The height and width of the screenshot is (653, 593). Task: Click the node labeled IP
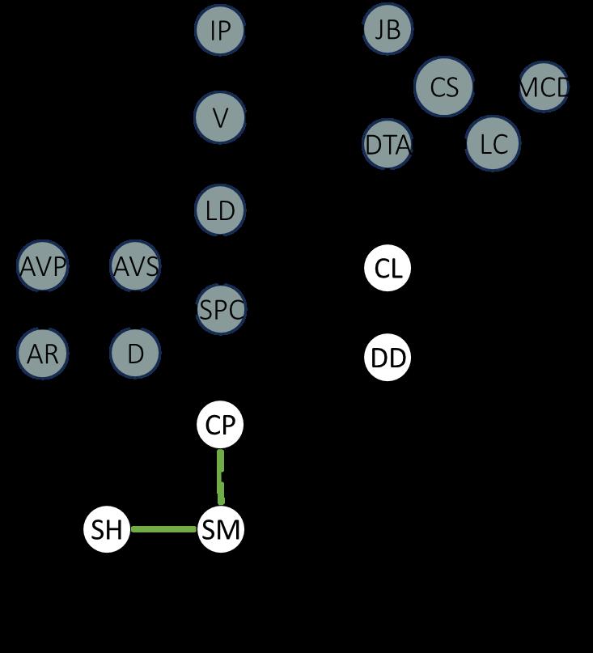click(220, 30)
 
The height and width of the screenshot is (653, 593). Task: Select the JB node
click(388, 29)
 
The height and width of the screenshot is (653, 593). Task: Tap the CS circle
click(444, 87)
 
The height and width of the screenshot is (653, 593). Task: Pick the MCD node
click(544, 87)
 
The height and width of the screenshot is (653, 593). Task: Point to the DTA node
click(388, 145)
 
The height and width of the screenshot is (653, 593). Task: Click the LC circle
click(493, 145)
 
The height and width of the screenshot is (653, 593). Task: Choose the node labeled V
click(220, 118)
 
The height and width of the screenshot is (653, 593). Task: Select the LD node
click(220, 210)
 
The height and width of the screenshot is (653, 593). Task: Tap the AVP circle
click(42, 265)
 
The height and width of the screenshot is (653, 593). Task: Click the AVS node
click(135, 265)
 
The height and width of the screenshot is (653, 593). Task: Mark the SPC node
click(220, 309)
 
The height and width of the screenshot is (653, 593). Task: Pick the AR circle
click(42, 354)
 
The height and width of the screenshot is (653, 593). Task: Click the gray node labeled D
click(135, 354)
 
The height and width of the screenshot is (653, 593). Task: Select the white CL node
click(388, 269)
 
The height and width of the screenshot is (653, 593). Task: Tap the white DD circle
click(388, 358)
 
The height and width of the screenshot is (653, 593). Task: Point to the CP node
click(220, 425)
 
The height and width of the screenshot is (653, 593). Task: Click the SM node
click(220, 530)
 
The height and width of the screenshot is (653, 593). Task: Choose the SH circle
click(107, 530)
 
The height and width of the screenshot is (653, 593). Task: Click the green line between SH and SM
click(163, 530)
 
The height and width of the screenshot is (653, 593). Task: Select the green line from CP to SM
click(221, 477)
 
